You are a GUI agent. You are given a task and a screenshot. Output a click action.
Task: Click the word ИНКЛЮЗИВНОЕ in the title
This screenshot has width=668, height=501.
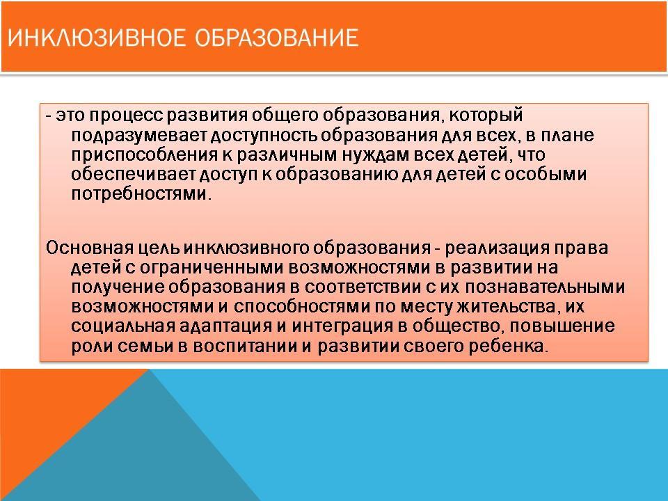click(97, 38)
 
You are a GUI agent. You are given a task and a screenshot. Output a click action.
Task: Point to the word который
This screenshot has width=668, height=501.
click(486, 116)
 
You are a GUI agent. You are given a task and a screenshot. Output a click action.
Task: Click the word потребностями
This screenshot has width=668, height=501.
click(141, 195)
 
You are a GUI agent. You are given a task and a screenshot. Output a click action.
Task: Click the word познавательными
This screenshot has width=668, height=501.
click(546, 287)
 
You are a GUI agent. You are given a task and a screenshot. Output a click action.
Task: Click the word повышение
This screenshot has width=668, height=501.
click(562, 326)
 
